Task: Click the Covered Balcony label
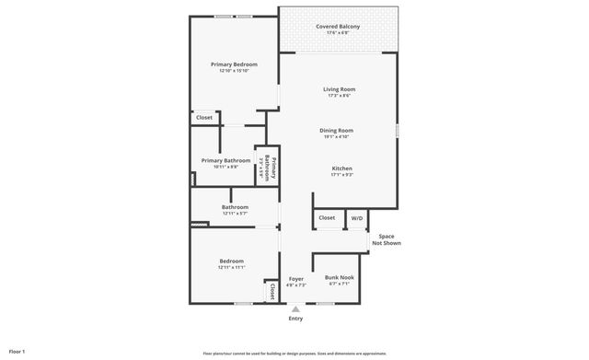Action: [x=338, y=27]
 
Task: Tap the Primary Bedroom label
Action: [x=234, y=64]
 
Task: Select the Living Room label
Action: [x=338, y=88]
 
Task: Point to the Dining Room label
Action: [x=337, y=131]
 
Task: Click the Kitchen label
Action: [x=342, y=168]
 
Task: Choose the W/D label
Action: [x=357, y=218]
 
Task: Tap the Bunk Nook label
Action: [x=339, y=277]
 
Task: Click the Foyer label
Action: [x=295, y=278]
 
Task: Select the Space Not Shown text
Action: [x=386, y=239]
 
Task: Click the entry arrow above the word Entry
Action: [x=295, y=309]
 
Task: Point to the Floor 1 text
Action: [x=17, y=352]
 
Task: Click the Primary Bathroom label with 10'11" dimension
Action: [x=225, y=160]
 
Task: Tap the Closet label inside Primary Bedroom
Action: [x=204, y=118]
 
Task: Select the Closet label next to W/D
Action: [x=327, y=218]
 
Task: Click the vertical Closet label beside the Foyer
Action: [x=272, y=291]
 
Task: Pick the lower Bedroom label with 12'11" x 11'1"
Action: [x=231, y=261]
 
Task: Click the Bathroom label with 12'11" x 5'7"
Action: [x=235, y=207]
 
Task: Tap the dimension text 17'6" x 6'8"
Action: [x=338, y=33]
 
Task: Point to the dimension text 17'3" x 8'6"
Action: [x=338, y=95]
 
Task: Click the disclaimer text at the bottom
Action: [x=294, y=353]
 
